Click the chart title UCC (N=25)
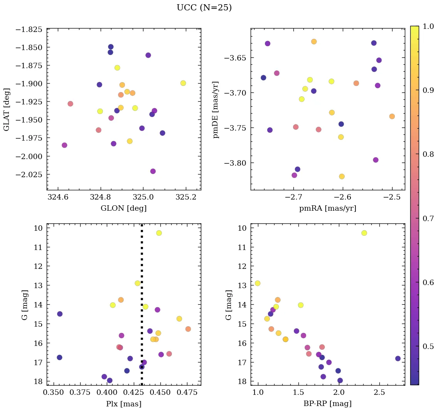click(x=204, y=8)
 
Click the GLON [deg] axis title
click(x=123, y=208)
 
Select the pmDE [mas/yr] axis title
click(x=216, y=109)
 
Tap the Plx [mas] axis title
click(x=123, y=404)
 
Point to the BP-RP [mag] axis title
click(x=327, y=404)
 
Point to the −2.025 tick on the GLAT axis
click(x=29, y=174)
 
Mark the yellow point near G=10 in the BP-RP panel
click(x=364, y=233)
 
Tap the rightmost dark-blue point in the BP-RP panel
click(x=398, y=359)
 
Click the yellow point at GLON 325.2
click(x=183, y=83)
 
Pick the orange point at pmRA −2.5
click(x=392, y=116)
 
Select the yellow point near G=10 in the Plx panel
click(x=159, y=233)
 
